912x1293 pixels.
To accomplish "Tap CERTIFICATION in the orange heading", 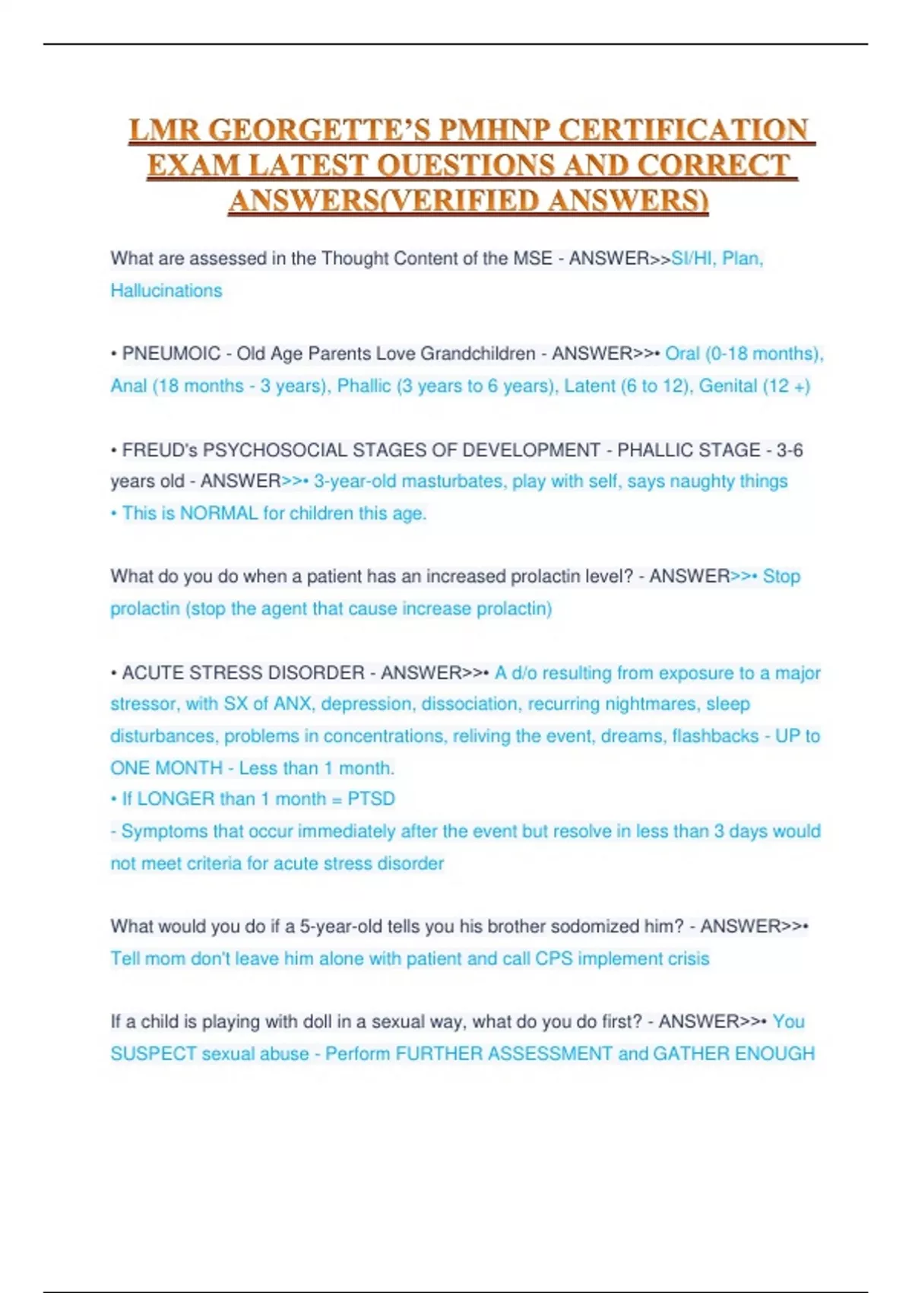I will (x=684, y=130).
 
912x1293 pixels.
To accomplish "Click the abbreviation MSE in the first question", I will (x=533, y=259).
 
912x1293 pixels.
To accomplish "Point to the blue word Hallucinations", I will (x=166, y=291).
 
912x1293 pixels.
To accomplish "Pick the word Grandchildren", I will (x=478, y=354).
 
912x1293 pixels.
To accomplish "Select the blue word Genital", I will (x=728, y=386).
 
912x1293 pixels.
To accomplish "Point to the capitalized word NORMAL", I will (x=219, y=513).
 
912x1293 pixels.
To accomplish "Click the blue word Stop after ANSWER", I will (x=781, y=577).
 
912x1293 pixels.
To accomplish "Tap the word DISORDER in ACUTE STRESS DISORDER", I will (x=319, y=673).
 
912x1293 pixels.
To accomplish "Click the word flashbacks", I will (x=715, y=736).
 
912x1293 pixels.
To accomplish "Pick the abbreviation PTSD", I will (x=371, y=799).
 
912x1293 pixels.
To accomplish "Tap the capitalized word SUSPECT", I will (x=154, y=1054).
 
